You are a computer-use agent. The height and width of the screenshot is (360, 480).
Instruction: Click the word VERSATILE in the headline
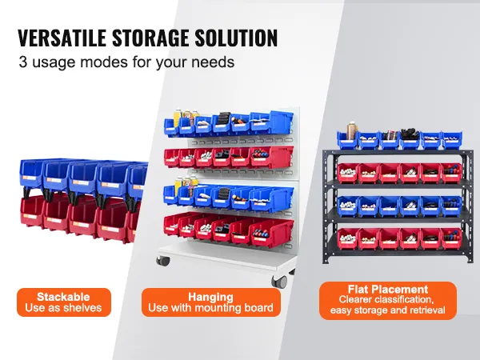pyautogui.click(x=62, y=38)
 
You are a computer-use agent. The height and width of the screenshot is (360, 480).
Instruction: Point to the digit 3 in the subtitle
pyautogui.click(x=23, y=62)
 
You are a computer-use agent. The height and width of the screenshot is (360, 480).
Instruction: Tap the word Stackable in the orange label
pyautogui.click(x=63, y=297)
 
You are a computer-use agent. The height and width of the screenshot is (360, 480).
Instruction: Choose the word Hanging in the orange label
pyautogui.click(x=210, y=298)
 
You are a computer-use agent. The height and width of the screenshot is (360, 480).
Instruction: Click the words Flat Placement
pyautogui.click(x=388, y=290)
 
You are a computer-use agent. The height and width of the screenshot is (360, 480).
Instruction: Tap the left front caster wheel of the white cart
pyautogui.click(x=163, y=261)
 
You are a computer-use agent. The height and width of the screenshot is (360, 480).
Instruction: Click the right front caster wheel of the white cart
pyautogui.click(x=280, y=281)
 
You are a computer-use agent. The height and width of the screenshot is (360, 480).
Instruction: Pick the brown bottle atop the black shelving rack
pyautogui.click(x=352, y=132)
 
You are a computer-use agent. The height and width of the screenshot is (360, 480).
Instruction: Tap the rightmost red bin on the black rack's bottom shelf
pyautogui.click(x=451, y=238)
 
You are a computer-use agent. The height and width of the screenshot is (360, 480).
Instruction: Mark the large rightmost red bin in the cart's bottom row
pyautogui.click(x=272, y=233)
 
